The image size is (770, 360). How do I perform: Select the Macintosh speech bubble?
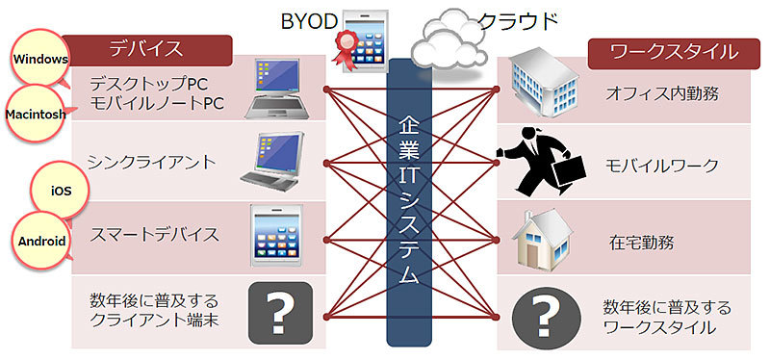click(38, 113)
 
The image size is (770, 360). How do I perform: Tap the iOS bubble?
click(61, 191)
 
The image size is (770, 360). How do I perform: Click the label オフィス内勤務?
click(662, 93)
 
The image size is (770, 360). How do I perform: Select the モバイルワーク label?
click(661, 166)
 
